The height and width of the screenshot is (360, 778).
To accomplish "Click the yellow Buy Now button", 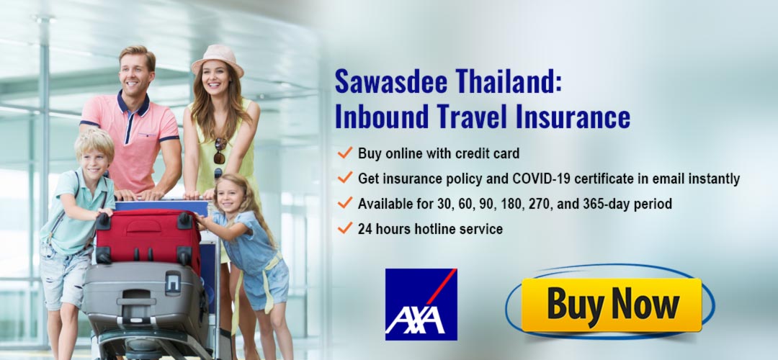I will [611, 305].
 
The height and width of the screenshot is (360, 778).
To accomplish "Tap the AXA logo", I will [421, 304].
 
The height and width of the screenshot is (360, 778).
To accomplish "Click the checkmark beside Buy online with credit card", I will [344, 153].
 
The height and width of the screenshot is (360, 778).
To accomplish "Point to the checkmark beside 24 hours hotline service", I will [344, 228].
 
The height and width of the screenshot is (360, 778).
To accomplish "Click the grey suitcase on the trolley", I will [144, 296].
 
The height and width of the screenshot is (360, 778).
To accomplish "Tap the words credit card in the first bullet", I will [489, 153].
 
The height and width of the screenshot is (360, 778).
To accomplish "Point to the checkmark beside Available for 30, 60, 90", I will [344, 203].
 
